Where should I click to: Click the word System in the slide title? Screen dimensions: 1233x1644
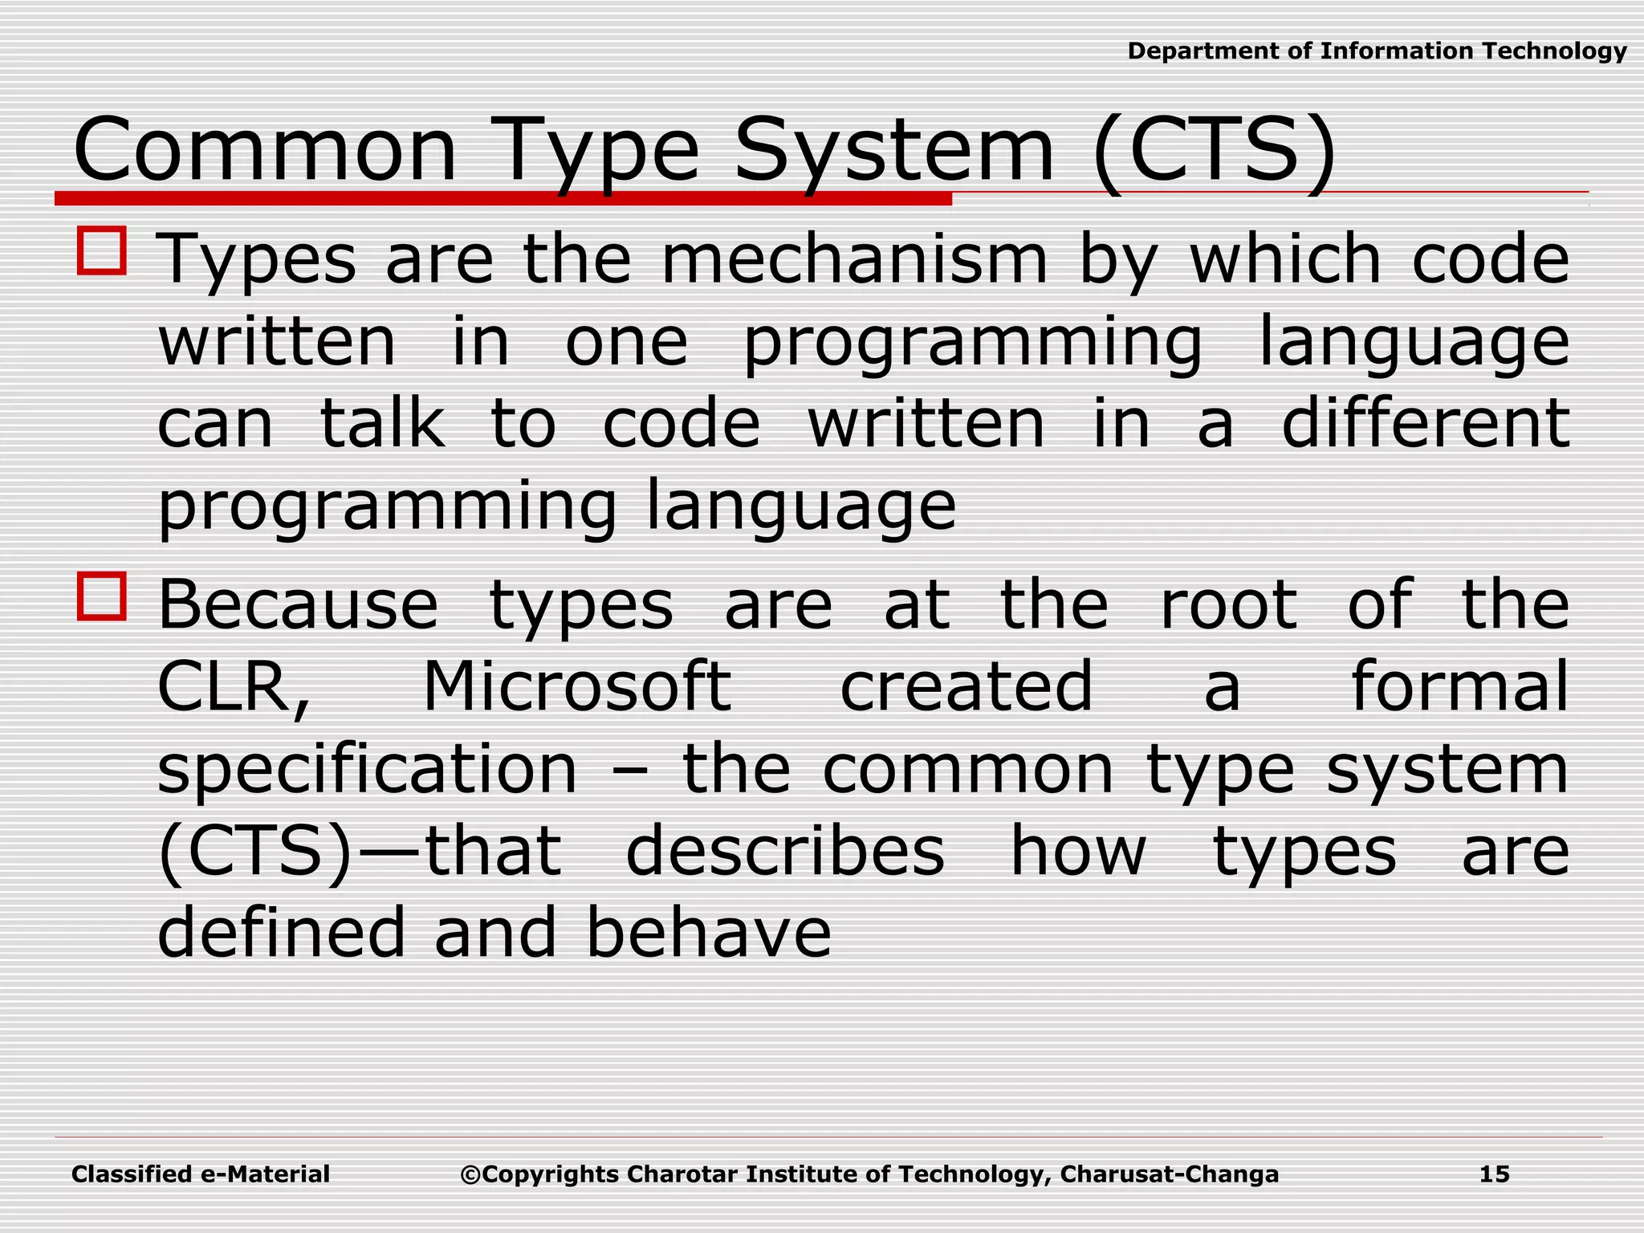coord(893,151)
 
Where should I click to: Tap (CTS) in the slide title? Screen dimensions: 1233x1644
coord(1214,151)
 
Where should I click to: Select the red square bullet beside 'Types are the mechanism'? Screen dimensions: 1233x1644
coord(102,251)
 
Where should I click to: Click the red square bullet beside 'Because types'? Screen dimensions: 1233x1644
coord(102,596)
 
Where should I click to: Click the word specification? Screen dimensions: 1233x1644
coord(367,771)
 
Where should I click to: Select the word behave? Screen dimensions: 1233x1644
coord(709,933)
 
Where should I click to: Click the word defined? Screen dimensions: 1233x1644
coord(282,933)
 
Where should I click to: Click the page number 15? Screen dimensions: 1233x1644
coord(1494,1174)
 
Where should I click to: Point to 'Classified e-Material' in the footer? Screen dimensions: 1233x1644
coord(201,1174)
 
